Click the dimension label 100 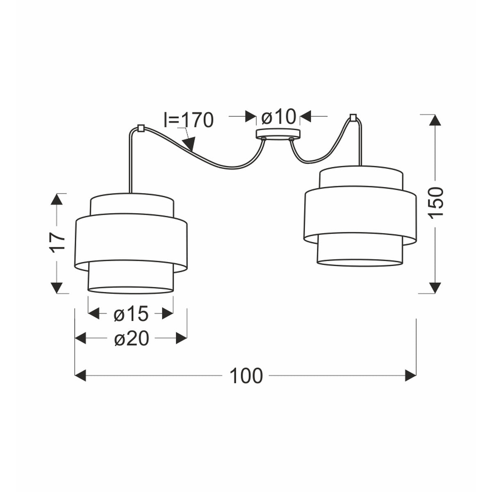coord(246,376)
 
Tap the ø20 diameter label coord(132,339)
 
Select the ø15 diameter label coord(131,314)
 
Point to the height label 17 coord(58,243)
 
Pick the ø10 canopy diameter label coord(278,117)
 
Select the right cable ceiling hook coord(353,117)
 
